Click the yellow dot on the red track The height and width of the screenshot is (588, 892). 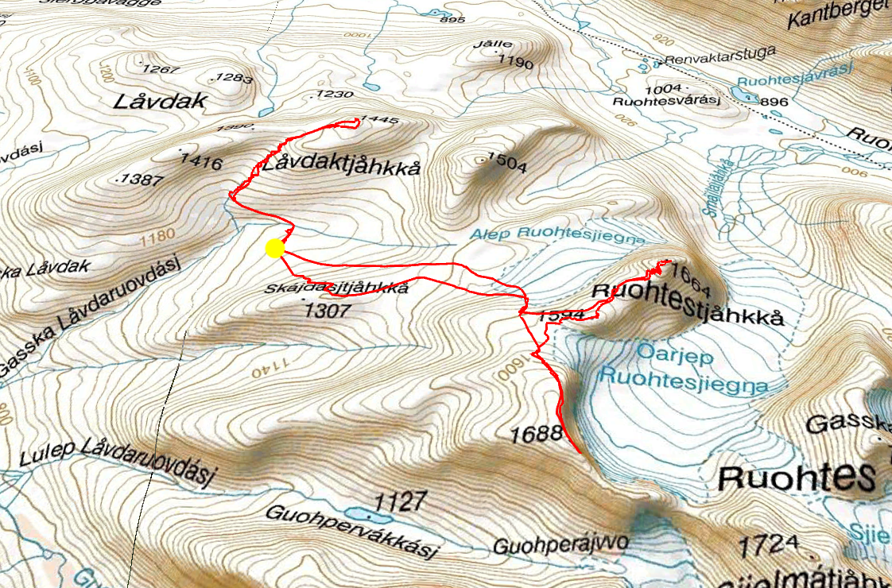pyautogui.click(x=274, y=249)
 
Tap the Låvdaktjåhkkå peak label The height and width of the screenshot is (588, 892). pyautogui.click(x=339, y=167)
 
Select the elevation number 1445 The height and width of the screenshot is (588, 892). pyautogui.click(x=377, y=120)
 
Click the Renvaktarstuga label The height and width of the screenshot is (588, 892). pyautogui.click(x=709, y=59)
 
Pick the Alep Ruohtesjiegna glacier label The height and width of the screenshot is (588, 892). pyautogui.click(x=553, y=234)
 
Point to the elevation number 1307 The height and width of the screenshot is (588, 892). pyautogui.click(x=327, y=311)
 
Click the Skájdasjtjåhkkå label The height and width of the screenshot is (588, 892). pyautogui.click(x=337, y=288)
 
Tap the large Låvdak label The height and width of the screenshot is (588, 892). pyautogui.click(x=160, y=102)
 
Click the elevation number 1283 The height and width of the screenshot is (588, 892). pyautogui.click(x=233, y=78)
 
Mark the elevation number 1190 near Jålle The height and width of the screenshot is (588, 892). pyautogui.click(x=515, y=61)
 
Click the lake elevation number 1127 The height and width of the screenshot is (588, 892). pyautogui.click(x=401, y=502)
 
